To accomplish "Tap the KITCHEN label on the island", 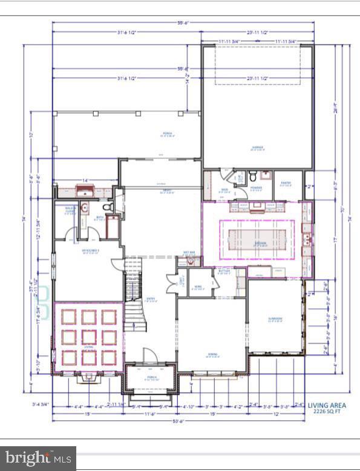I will tap(260, 244).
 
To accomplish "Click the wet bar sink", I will tap(192, 262).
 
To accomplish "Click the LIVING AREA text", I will tap(326, 406).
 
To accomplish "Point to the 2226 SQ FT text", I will tap(326, 412).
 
